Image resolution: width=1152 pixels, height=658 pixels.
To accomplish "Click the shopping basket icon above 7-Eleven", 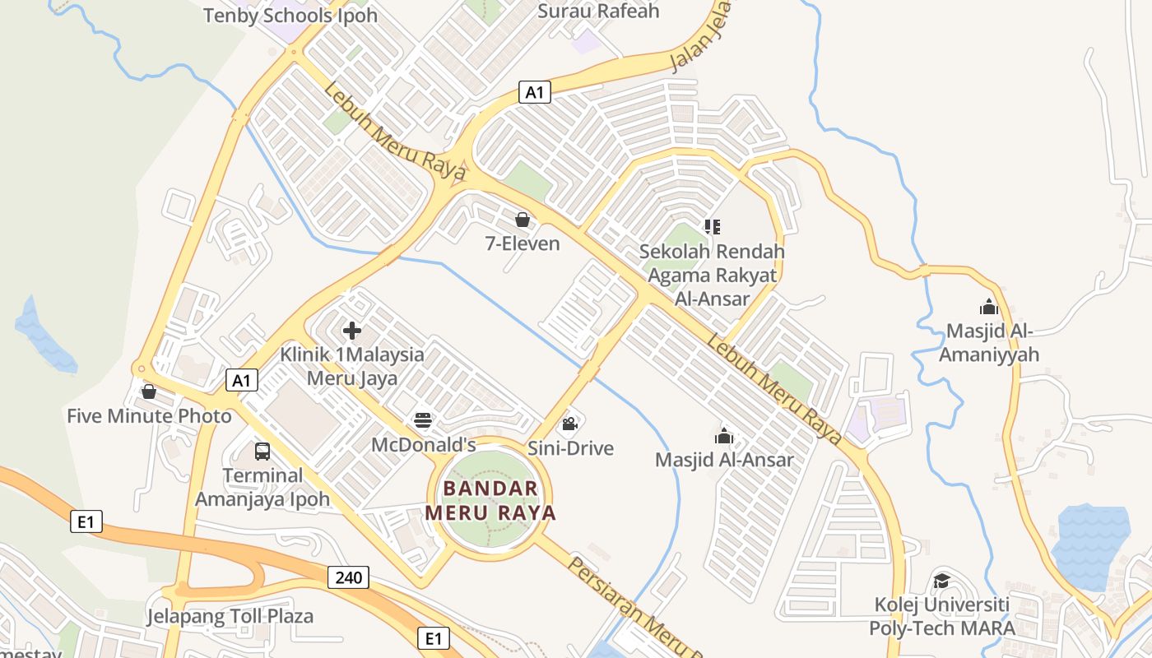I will (x=523, y=220).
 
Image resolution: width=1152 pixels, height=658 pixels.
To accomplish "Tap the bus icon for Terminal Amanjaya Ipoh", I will (x=262, y=452).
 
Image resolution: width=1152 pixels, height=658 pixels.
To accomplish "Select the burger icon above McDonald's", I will (x=423, y=421).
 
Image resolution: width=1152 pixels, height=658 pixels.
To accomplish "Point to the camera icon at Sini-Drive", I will (x=569, y=424).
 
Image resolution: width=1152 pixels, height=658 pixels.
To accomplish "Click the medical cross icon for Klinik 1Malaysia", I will (x=352, y=331).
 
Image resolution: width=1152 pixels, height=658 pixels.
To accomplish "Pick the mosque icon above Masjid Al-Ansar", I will (x=724, y=436).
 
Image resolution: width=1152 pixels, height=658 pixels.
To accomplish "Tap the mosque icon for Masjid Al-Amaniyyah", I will (x=989, y=307).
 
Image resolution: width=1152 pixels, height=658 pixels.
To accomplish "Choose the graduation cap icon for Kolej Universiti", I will (x=941, y=581).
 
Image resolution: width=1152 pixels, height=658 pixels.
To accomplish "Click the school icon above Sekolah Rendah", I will (x=713, y=226).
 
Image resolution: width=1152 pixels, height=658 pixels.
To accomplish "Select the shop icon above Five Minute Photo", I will (x=149, y=392).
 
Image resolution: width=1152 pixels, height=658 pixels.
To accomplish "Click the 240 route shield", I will (x=348, y=577).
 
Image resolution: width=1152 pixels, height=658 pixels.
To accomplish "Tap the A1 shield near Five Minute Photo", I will (x=242, y=380).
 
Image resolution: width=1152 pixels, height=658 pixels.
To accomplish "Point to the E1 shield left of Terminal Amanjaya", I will (x=86, y=521).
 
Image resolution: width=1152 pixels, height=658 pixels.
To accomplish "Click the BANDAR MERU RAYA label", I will (x=490, y=500).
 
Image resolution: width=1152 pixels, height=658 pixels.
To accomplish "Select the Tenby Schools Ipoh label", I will (x=290, y=15).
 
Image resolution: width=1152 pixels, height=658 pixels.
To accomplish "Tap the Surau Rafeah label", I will (x=598, y=11).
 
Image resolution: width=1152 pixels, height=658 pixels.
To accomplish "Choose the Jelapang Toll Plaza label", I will (x=230, y=616).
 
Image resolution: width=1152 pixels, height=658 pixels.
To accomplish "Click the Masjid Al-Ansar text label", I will (x=724, y=460).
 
